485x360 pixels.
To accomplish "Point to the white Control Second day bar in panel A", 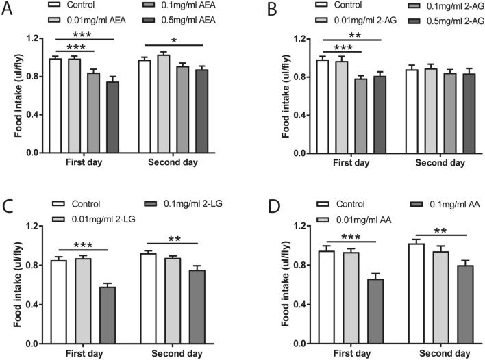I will pyautogui.click(x=145, y=106).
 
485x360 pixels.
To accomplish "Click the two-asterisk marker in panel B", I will pyautogui.click(x=353, y=35).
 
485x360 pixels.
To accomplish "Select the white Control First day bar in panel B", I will pyautogui.click(x=322, y=106).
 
